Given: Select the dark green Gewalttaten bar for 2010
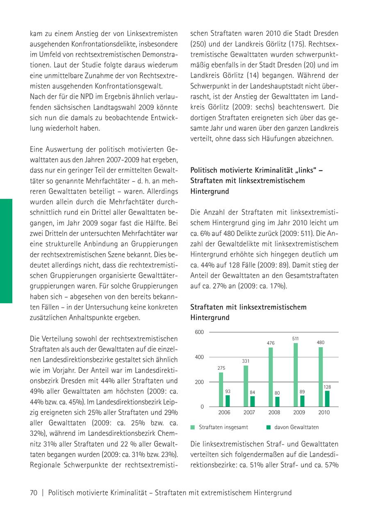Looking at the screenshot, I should (327, 398).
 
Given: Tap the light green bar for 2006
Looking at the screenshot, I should (221, 389).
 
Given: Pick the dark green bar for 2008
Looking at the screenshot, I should (277, 401).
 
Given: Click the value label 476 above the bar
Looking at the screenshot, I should (271, 343).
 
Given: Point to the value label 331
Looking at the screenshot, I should (246, 361).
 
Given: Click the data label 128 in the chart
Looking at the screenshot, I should (327, 387).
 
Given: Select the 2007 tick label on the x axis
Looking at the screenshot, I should (249, 412).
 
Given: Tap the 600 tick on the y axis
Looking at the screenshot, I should (199, 332).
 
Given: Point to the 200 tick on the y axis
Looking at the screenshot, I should (199, 382).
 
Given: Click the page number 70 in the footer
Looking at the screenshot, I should (34, 493).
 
